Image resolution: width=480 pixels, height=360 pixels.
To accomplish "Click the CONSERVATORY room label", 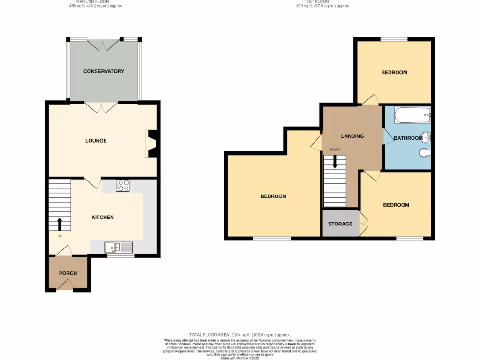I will tap(104, 71).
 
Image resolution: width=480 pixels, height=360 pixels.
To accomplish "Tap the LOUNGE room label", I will tap(96, 141).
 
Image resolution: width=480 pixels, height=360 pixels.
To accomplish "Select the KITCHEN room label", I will tap(102, 217).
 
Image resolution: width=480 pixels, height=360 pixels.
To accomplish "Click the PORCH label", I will tap(68, 273).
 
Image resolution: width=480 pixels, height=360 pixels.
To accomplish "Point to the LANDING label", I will tap(352, 136).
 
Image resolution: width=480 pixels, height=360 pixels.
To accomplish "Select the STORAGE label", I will tap(340, 224).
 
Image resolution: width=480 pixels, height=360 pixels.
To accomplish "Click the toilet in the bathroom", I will tap(424, 152).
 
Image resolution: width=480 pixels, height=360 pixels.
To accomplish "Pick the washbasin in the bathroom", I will tap(426, 138).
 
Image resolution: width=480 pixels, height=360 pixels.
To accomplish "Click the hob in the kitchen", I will tap(123, 186).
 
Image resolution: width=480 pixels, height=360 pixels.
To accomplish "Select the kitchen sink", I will tap(119, 247).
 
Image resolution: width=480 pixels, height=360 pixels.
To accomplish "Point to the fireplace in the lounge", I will tap(152, 143).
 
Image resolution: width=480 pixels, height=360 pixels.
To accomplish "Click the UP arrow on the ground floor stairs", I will tap(60, 223).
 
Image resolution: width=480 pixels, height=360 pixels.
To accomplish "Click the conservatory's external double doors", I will tap(104, 44).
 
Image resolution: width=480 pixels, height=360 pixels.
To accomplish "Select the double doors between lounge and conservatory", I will tap(104, 107).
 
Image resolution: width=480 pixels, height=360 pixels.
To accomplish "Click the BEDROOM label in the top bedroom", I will tap(394, 73).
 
